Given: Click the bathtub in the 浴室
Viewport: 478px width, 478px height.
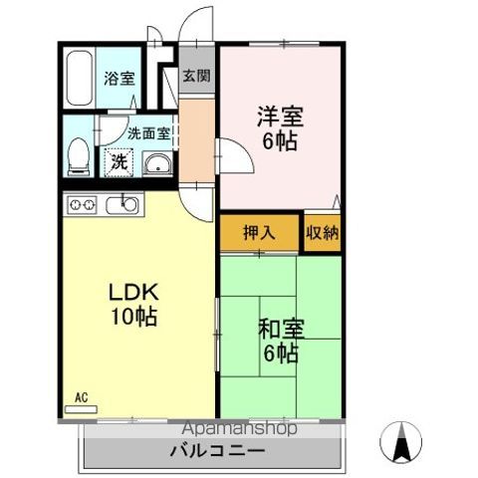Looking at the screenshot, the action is coord(80,78).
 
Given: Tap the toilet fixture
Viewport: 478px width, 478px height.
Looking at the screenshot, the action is coord(79,157).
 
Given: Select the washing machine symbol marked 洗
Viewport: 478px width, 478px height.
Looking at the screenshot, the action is coord(119,162).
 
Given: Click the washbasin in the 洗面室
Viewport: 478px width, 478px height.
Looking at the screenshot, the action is coord(157,163).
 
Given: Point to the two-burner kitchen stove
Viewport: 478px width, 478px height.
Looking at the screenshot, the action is coord(82,204).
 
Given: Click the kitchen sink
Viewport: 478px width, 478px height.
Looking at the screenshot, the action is coord(122,205).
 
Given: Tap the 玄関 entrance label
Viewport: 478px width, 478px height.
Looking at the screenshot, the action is coord(197,76).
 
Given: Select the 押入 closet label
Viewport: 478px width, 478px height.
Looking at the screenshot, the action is coord(259,232).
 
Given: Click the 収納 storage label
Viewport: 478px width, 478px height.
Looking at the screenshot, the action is coord(323,232).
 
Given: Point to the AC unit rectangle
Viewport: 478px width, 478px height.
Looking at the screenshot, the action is coord(81,409).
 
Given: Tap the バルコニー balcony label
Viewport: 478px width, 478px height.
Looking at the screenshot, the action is coord(217,451).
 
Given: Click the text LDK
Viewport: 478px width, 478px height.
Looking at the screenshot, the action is coord(133,293).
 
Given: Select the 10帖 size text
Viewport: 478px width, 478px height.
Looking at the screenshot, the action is coord(133,317).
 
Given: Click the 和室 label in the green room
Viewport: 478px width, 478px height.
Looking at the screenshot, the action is coord(281,329).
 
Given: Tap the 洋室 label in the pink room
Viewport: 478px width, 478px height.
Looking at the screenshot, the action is coord(280,117).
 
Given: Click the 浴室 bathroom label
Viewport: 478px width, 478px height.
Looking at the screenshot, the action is coord(119,79).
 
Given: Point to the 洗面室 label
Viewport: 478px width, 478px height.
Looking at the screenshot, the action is coord(149,133).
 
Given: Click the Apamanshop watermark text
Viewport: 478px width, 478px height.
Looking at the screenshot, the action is coord(239,428).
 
